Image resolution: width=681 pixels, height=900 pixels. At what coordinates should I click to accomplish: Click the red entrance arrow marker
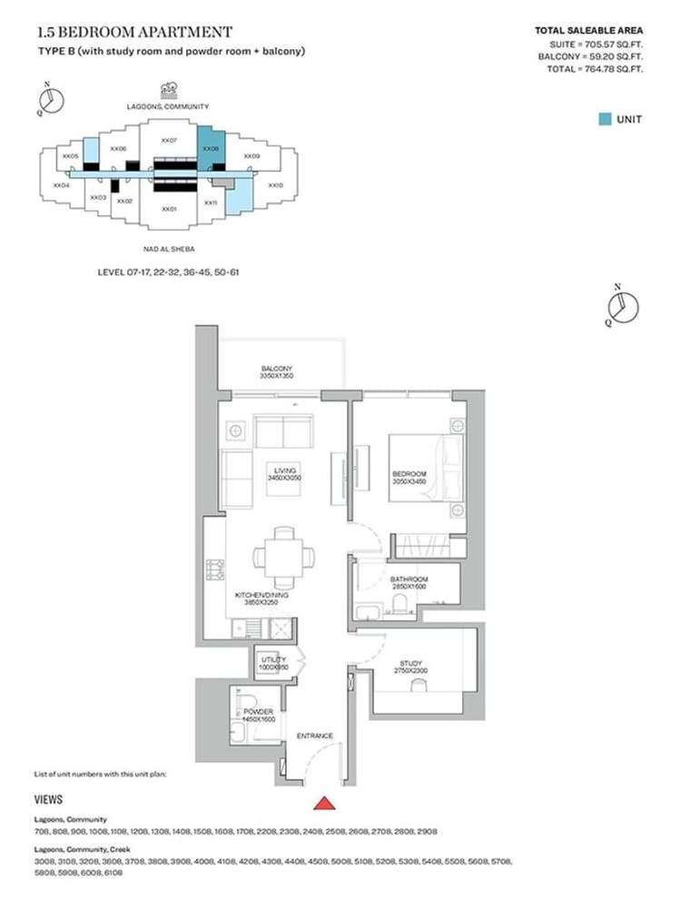[x=323, y=803]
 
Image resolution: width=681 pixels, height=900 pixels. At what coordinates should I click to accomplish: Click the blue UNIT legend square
[x=605, y=119]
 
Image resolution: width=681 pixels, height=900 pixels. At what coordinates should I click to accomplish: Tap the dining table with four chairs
[x=284, y=555]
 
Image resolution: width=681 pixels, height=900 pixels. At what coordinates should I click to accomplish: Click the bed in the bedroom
[x=427, y=468]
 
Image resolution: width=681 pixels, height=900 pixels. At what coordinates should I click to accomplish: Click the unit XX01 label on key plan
[x=168, y=208]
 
